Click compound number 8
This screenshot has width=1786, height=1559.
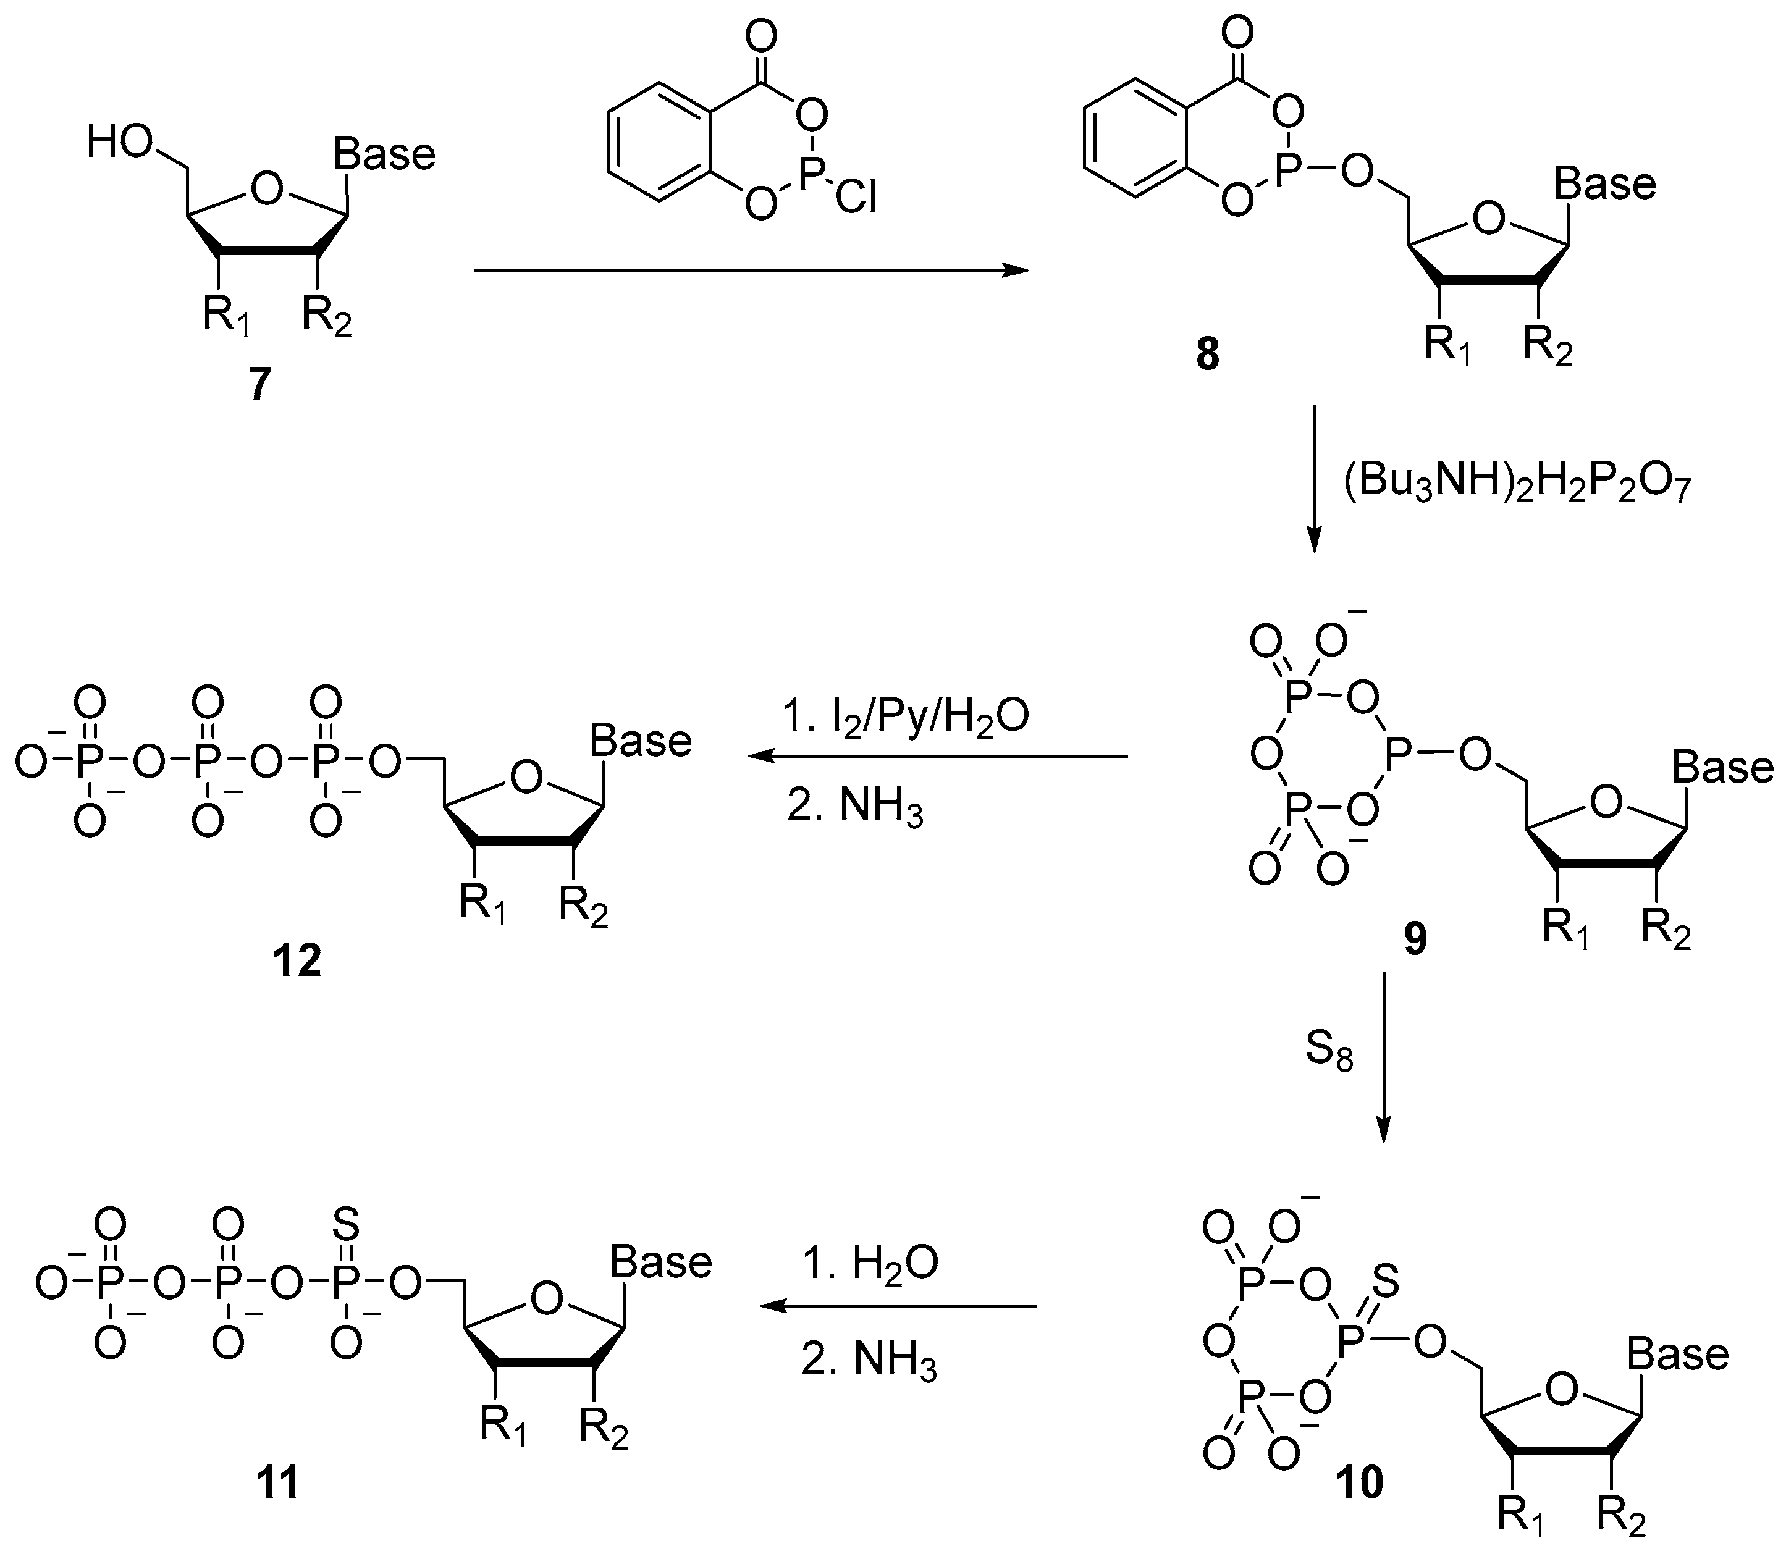click(1208, 354)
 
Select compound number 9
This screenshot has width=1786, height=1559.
click(1415, 938)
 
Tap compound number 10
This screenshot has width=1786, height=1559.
click(1360, 1482)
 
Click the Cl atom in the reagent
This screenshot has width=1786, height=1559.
click(856, 198)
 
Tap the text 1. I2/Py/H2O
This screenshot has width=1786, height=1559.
click(905, 717)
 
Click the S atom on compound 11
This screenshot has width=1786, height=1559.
click(346, 1224)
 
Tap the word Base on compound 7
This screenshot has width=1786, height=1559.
click(384, 155)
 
